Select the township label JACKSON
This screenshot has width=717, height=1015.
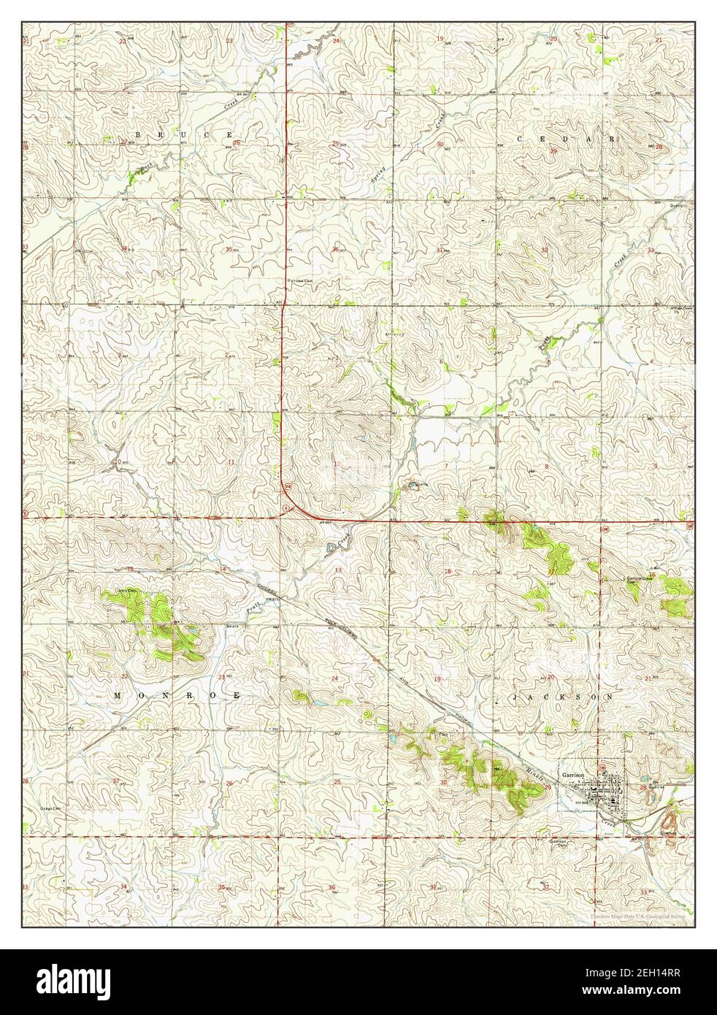pos(567,698)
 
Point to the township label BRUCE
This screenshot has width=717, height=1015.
pos(183,136)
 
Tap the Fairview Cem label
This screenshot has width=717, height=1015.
pos(299,280)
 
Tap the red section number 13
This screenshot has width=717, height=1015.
pos(337,570)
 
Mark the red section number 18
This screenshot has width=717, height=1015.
pos(447,570)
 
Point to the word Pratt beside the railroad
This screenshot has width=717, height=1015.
pos(252,605)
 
